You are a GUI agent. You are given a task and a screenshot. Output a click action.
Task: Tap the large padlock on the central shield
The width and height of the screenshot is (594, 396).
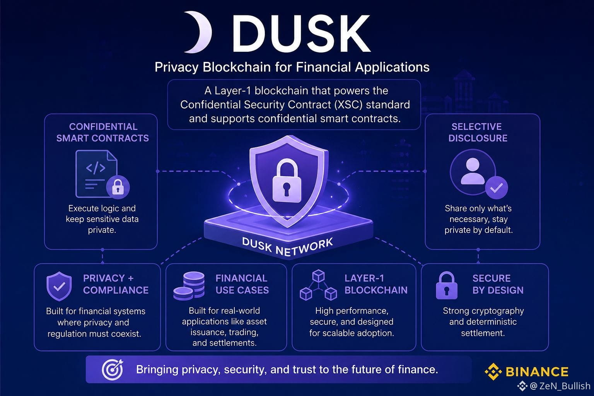point(287,180)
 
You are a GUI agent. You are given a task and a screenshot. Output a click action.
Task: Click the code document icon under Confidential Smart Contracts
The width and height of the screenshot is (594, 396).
point(97,174)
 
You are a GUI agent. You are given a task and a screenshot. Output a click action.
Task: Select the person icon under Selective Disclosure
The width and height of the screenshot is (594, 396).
point(473,172)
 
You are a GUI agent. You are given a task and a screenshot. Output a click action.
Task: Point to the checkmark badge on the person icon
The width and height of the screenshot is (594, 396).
point(497,188)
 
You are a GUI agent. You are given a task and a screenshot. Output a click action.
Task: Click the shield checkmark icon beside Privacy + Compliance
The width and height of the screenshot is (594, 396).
point(59,286)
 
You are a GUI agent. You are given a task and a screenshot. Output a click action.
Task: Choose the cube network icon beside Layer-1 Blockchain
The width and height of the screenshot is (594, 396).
point(318,285)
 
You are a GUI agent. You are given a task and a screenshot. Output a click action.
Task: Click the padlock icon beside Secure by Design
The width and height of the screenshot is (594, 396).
point(447,285)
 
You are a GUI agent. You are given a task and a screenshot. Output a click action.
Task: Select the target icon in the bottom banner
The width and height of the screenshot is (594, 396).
point(113,369)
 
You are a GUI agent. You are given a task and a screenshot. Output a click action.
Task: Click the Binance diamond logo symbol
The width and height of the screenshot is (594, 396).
point(493,371)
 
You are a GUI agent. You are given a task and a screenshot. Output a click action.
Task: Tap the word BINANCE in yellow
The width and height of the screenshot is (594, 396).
point(537,372)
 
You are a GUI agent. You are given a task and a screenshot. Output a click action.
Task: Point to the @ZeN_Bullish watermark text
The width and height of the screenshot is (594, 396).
point(560,386)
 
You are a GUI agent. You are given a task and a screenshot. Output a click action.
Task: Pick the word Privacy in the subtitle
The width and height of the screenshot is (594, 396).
point(177,67)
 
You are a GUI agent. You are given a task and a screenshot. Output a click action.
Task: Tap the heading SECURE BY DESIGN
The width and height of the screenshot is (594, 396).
point(498,284)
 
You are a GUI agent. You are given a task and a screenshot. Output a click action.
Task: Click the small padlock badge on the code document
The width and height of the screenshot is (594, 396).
point(118,187)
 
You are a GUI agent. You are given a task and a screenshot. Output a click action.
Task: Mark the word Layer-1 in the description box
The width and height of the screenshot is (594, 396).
point(233,91)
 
